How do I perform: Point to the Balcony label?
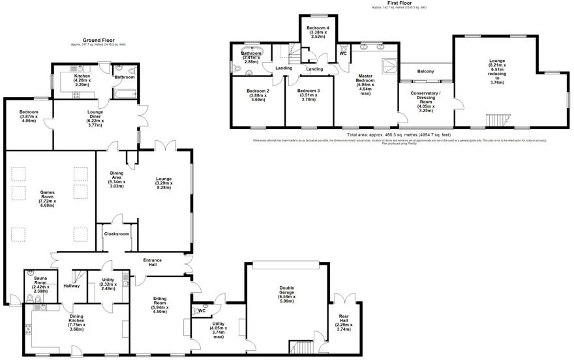(425, 71)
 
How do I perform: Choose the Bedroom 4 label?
(318, 31)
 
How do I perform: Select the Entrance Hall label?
(153, 262)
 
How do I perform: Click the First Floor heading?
(399, 3)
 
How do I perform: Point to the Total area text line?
(399, 135)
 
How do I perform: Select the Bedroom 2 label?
(258, 95)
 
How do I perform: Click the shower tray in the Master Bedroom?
(390, 65)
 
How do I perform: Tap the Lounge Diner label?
(98, 115)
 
